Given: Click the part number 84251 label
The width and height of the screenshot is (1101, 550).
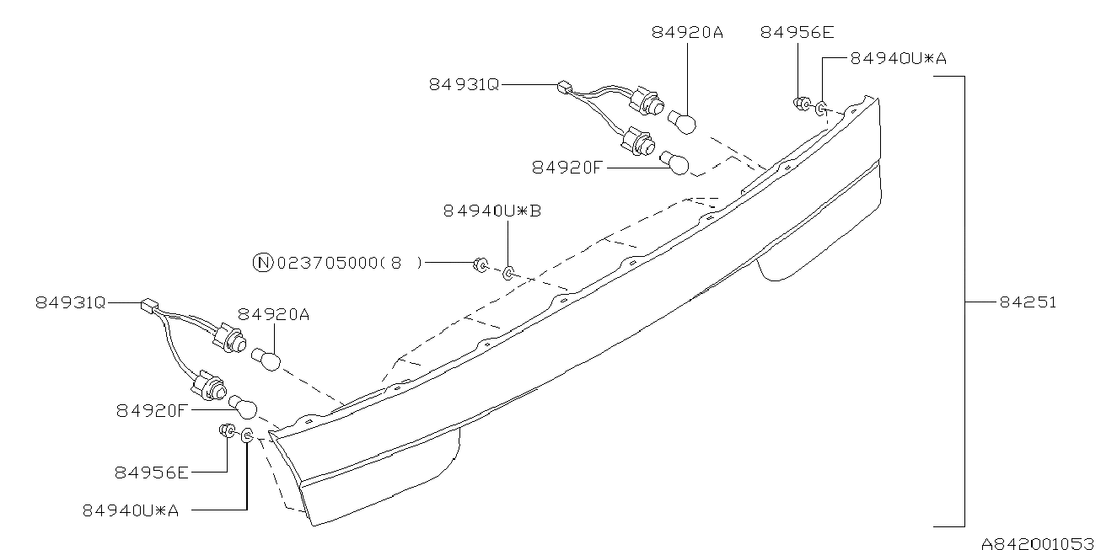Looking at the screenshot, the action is pyautogui.click(x=1028, y=302).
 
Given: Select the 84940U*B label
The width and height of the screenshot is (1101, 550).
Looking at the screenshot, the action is pyautogui.click(x=492, y=211).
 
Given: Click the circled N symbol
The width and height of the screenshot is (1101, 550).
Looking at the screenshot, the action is pyautogui.click(x=263, y=263).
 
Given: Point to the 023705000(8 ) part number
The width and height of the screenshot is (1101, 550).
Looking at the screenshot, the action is pyautogui.click(x=350, y=264).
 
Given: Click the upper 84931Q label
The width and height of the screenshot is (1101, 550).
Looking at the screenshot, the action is pyautogui.click(x=464, y=84).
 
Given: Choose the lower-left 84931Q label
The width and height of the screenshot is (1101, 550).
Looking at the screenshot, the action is pyautogui.click(x=70, y=302).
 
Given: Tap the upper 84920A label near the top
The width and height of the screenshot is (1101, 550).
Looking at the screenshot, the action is pyautogui.click(x=687, y=32).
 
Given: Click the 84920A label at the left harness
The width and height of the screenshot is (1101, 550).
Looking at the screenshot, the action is pyautogui.click(x=274, y=314).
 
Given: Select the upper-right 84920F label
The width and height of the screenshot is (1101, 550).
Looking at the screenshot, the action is pyautogui.click(x=567, y=168).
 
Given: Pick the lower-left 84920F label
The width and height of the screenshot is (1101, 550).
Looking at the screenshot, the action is pyautogui.click(x=152, y=410).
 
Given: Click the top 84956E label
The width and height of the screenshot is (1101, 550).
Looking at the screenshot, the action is pyautogui.click(x=798, y=32).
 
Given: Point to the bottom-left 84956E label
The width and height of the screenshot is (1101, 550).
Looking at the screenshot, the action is pyautogui.click(x=152, y=473).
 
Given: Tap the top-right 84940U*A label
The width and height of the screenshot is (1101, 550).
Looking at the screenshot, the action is pyautogui.click(x=899, y=58).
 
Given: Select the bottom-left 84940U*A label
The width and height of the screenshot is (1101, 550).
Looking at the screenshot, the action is pyautogui.click(x=131, y=510).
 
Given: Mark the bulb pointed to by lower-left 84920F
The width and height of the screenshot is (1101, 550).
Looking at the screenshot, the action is pyautogui.click(x=243, y=408).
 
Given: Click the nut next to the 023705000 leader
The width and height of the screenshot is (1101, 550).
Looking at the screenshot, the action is pyautogui.click(x=481, y=265).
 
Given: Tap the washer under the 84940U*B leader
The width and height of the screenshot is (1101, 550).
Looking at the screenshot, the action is pyautogui.click(x=508, y=273).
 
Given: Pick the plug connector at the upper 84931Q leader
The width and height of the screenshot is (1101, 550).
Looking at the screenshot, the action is pyautogui.click(x=565, y=88).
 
